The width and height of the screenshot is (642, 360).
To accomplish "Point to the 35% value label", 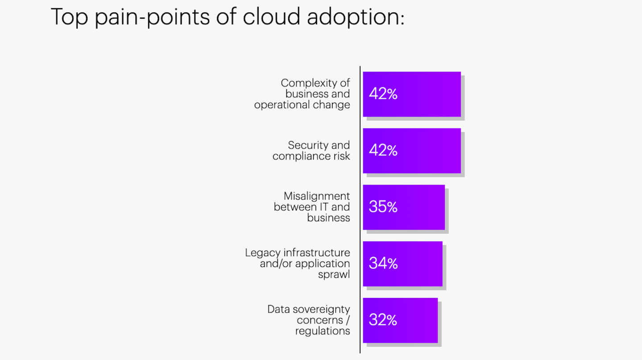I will pyautogui.click(x=383, y=207).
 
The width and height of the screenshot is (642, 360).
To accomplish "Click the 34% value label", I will pyautogui.click(x=383, y=264).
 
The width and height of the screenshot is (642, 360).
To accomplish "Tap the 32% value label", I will pyautogui.click(x=383, y=320).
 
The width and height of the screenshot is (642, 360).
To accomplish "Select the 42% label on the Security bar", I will pyautogui.click(x=383, y=150).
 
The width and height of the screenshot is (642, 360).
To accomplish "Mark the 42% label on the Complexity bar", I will pyautogui.click(x=383, y=94).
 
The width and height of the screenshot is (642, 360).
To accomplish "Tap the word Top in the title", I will pyautogui.click(x=70, y=17).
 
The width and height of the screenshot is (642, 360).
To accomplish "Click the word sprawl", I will pyautogui.click(x=334, y=274).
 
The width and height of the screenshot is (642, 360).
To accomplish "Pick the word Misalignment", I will pyautogui.click(x=317, y=196).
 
